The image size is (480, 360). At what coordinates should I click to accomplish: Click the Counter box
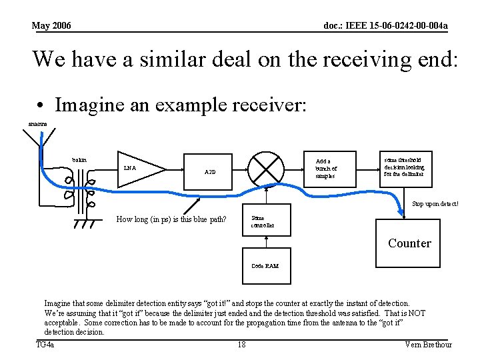tap(409, 243)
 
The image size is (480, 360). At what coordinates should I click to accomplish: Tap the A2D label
tap(210, 172)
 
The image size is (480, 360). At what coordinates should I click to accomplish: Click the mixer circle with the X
tap(266, 169)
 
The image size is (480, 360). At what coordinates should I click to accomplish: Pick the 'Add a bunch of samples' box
tap(327, 169)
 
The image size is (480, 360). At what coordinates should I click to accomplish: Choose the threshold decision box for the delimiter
tap(404, 169)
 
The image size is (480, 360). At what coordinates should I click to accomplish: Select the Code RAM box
tap(265, 265)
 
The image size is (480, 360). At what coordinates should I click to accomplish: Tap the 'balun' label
tap(79, 160)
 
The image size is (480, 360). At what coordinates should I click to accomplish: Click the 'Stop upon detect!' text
tap(435, 204)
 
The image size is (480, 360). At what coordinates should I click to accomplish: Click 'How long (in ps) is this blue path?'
tap(171, 219)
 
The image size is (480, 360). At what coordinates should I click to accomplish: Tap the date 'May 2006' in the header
tap(51, 26)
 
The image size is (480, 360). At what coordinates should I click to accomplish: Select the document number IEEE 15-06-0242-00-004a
tap(385, 26)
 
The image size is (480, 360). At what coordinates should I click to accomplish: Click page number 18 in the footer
tap(241, 344)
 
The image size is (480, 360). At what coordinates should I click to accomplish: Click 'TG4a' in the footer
tap(45, 344)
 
